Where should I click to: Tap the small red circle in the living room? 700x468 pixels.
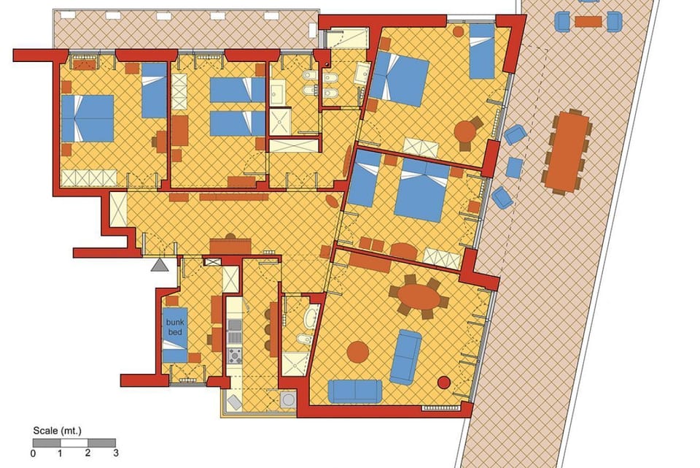pyautogui.click(x=443, y=382)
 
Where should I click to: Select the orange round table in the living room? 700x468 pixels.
pyautogui.click(x=358, y=351)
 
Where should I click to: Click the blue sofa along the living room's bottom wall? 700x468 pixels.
pyautogui.click(x=354, y=391)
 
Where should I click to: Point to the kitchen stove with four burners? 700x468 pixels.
pyautogui.click(x=235, y=356)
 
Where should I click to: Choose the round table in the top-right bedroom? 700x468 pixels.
pyautogui.click(x=465, y=131)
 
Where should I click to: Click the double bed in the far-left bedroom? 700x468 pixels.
pyautogui.click(x=88, y=118)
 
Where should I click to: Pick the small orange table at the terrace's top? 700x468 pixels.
pyautogui.click(x=588, y=21)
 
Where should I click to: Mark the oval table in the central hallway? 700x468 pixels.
pyautogui.click(x=333, y=201)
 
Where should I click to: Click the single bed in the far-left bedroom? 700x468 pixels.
pyautogui.click(x=154, y=91)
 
